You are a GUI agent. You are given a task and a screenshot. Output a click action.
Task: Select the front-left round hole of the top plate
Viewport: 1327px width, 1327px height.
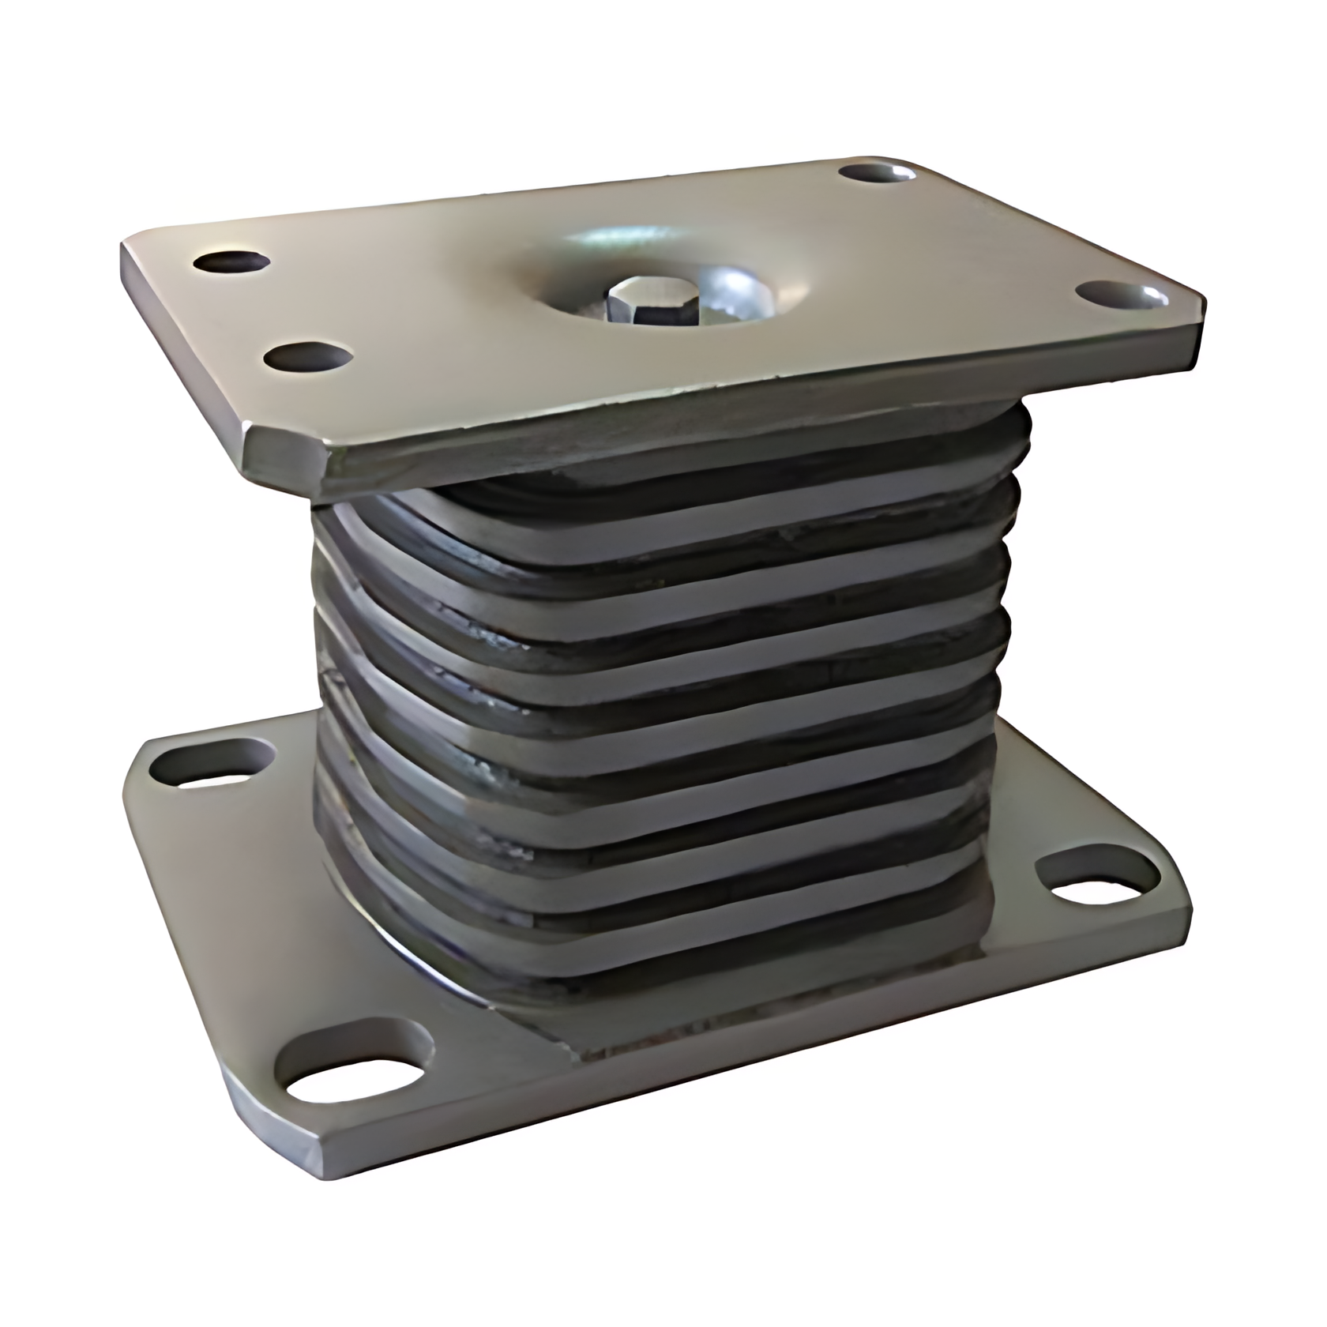click(x=308, y=358)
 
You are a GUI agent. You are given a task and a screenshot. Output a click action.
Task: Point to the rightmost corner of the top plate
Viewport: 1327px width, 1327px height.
click(x=1203, y=304)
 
